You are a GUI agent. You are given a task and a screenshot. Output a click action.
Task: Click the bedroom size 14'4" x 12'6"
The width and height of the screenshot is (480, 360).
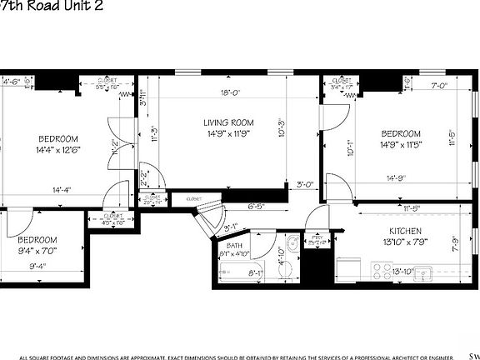[57, 151]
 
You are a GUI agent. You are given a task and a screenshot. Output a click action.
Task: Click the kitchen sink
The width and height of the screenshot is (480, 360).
[423, 272]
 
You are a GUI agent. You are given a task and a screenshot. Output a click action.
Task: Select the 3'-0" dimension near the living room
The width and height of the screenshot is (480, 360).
[305, 185]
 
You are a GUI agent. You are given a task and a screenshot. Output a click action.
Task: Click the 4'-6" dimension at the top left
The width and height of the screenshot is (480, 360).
[11, 82]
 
